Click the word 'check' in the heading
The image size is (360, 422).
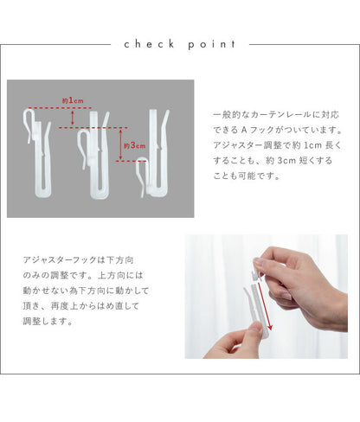[x=149, y=44]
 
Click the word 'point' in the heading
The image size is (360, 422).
[x=212, y=45]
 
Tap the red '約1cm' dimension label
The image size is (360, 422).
[x=73, y=100]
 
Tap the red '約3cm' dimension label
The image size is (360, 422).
[x=134, y=145]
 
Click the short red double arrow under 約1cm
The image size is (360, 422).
[x=73, y=118]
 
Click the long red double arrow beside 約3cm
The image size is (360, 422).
[x=121, y=144]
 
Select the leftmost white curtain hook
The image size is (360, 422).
[x=37, y=153]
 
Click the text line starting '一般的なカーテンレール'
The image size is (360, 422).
[x=276, y=115]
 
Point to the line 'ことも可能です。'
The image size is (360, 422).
[x=247, y=176]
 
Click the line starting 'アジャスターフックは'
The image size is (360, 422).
[x=79, y=260]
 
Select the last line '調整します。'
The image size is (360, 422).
[x=48, y=321]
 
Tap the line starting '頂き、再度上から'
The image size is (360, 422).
[x=81, y=306]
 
